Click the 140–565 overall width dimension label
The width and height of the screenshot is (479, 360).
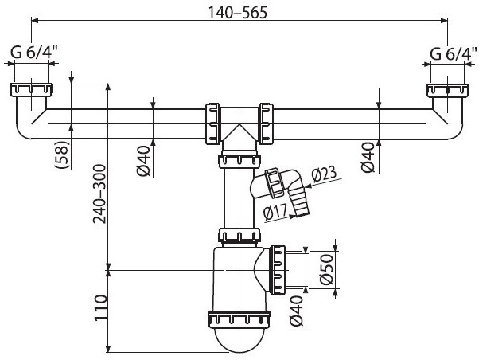click(x=237, y=13)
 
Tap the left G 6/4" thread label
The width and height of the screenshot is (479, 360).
click(x=34, y=53)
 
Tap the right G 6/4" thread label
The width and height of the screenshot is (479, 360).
click(x=454, y=54)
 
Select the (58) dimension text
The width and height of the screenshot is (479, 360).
click(x=62, y=155)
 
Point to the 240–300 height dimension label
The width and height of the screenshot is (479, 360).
click(x=100, y=194)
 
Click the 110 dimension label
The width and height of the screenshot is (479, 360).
click(x=101, y=307)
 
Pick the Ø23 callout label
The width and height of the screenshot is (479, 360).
click(x=324, y=174)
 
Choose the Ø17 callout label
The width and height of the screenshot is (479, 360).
click(x=275, y=212)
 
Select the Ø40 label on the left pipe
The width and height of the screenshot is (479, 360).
click(x=143, y=161)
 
